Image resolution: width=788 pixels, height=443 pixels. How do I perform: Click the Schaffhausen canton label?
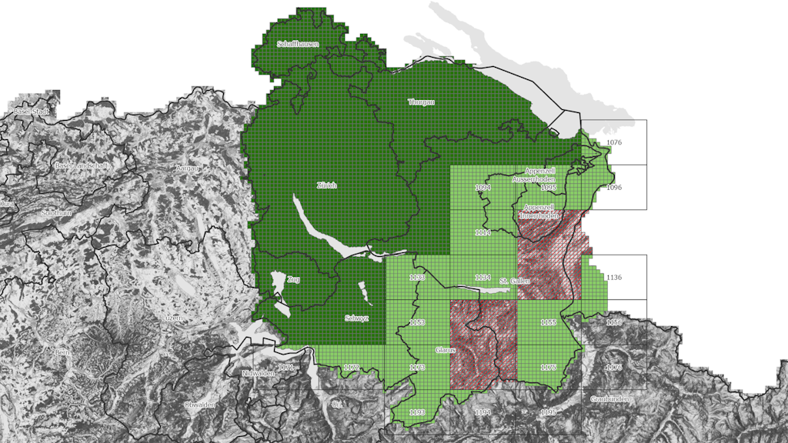coord(298,44)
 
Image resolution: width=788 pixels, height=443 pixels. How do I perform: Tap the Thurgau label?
coord(421,102)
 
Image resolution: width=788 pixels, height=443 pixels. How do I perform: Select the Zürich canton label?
coord(326,185)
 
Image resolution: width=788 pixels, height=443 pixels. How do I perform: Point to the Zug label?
coord(292,278)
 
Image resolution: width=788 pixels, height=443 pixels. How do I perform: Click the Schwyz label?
coord(356,318)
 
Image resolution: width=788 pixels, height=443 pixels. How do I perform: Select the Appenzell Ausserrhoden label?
coord(545,175)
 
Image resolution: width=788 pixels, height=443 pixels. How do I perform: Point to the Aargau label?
coord(187,168)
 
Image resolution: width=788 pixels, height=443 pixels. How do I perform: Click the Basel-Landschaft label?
coord(82,165)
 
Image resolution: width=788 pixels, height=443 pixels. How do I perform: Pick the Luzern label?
coord(173,318)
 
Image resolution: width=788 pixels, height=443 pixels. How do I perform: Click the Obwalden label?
coord(199,405)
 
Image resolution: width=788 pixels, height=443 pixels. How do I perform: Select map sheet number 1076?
coord(613,143)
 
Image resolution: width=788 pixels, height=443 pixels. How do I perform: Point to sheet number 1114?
coord(482,232)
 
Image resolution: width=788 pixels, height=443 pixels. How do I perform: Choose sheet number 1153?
coord(418,322)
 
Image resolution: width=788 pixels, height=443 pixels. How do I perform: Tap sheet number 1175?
coord(548,368)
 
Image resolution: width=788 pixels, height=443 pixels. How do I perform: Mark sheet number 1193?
coord(417,413)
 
